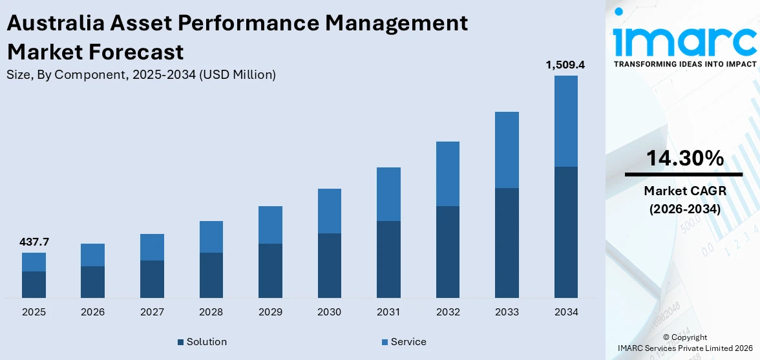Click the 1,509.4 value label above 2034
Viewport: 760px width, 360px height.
tap(565, 65)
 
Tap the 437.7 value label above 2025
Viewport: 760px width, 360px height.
tap(34, 242)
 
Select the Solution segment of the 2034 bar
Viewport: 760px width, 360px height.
tap(565, 232)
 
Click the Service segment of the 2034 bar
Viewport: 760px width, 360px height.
tap(565, 121)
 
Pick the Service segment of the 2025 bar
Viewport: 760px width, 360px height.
tap(34, 262)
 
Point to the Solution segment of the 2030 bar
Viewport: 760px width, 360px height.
tap(329, 265)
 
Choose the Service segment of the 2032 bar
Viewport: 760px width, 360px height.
tap(447, 174)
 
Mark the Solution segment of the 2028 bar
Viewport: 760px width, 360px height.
tap(211, 275)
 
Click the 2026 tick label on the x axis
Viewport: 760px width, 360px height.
tap(92, 312)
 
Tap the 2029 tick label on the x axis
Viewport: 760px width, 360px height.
tap(270, 312)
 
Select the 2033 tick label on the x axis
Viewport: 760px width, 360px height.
tap(507, 312)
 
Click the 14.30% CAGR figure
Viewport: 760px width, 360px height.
tap(683, 158)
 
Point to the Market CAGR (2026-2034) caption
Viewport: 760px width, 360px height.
tap(683, 200)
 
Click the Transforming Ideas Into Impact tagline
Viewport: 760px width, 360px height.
tap(684, 64)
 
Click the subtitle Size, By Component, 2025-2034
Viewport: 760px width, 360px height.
tap(141, 74)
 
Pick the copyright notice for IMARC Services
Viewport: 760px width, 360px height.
tap(684, 343)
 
